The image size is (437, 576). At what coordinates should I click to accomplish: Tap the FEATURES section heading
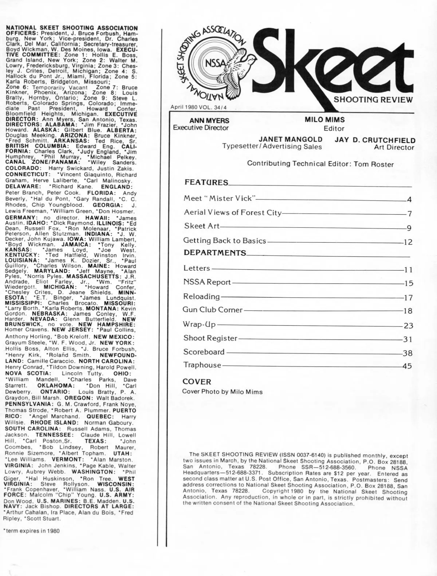[206, 182]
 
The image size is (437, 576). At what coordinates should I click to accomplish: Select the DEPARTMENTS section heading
[215, 253]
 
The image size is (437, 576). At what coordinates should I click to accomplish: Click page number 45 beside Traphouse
[407, 366]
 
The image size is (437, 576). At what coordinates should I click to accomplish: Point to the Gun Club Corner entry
[213, 310]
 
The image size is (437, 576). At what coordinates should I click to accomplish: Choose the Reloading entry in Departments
[202, 297]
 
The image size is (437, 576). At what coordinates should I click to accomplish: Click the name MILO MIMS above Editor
[324, 120]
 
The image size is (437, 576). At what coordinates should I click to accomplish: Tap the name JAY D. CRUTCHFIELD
[375, 140]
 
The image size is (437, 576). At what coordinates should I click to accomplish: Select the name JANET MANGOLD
[290, 139]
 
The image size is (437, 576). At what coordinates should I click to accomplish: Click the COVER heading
[197, 382]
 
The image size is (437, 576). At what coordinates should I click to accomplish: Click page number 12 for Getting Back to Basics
[408, 242]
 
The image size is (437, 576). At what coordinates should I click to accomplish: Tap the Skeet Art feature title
[202, 226]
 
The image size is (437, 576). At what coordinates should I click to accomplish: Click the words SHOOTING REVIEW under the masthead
[373, 100]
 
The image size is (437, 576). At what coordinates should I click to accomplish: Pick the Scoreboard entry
[204, 352]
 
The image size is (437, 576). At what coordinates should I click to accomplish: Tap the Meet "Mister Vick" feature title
[219, 198]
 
